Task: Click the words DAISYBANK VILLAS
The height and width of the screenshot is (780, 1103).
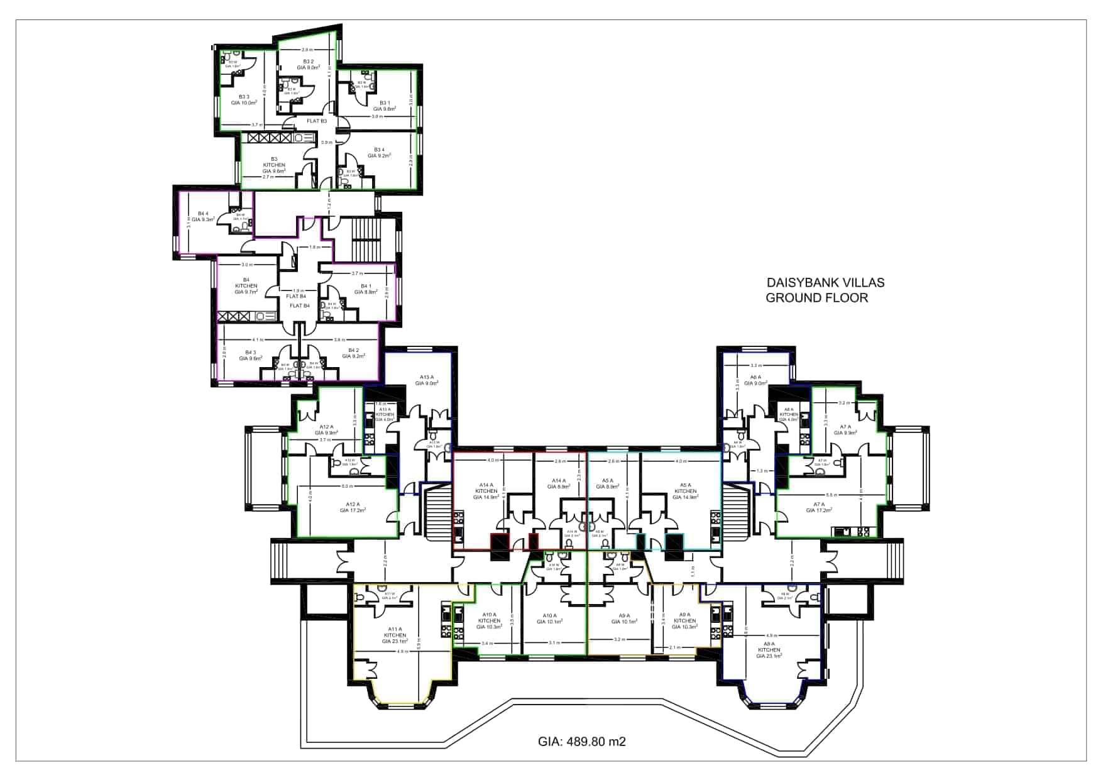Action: pos(825,283)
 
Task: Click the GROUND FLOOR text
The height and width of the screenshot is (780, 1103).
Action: pos(816,298)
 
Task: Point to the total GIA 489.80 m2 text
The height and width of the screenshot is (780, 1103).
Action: pos(581,742)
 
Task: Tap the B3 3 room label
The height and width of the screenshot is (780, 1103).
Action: pos(244,99)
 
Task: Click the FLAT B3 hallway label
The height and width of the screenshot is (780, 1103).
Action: pos(316,121)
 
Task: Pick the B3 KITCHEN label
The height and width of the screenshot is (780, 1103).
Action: pos(274,165)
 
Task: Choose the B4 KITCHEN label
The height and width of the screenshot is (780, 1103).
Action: pos(246,286)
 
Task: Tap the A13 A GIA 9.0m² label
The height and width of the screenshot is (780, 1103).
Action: pos(426,380)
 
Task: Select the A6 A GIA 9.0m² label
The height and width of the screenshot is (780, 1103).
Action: pos(755,380)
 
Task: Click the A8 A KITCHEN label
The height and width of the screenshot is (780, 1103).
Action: pos(769,650)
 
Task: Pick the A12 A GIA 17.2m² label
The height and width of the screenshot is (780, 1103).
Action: pos(353,507)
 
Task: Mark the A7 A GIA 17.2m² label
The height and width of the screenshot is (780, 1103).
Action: pos(818,507)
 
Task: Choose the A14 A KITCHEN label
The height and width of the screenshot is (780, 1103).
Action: pos(486,491)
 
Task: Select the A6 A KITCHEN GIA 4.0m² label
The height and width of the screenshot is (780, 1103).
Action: pos(788,414)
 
